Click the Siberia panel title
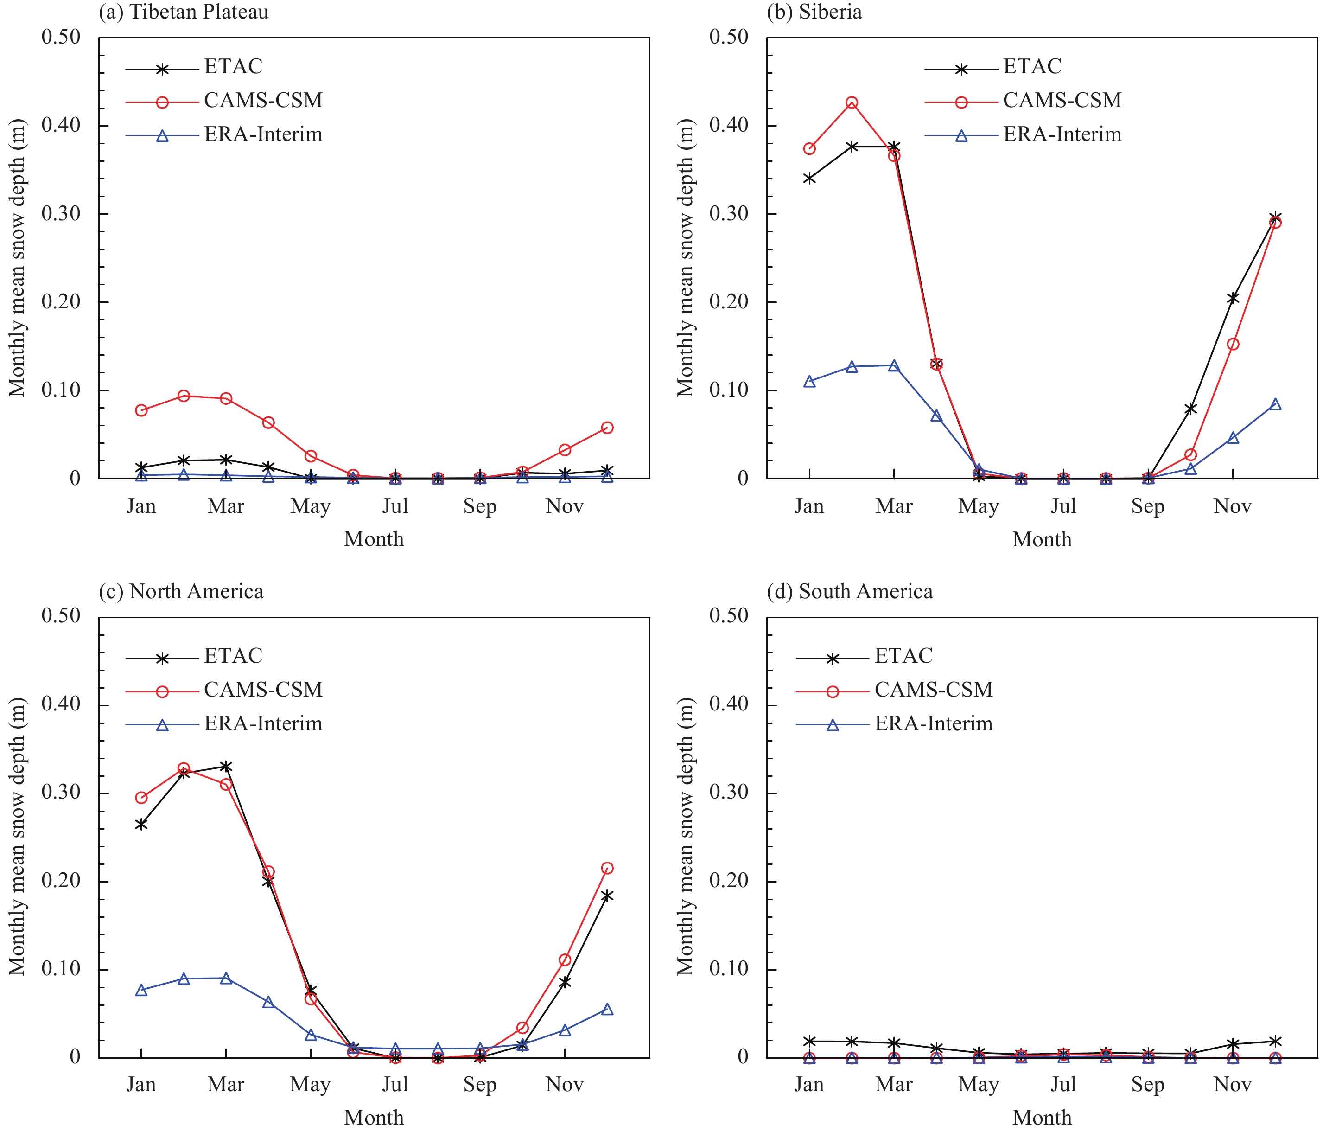[814, 12]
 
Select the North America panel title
[181, 592]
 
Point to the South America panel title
[849, 592]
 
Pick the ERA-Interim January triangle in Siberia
[810, 381]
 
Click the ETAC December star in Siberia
[1275, 218]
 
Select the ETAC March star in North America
[226, 767]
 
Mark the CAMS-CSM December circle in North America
[607, 868]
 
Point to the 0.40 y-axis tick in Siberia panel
[729, 125]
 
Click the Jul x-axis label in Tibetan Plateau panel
[395, 506]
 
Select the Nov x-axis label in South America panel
[1232, 1085]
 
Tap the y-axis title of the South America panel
[685, 837]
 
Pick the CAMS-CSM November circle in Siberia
[1233, 344]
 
